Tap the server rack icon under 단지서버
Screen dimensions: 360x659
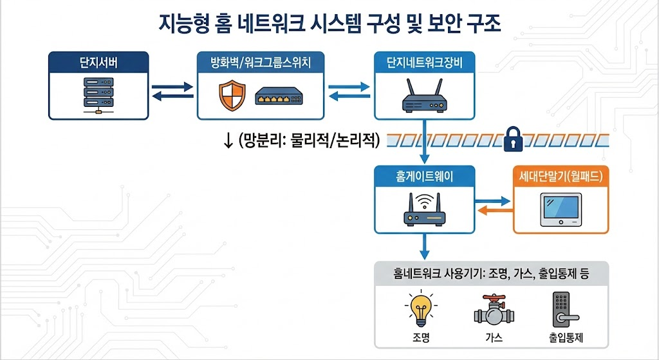98,94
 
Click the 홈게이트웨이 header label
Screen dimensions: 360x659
424,176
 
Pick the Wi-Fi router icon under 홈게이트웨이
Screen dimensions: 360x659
423,209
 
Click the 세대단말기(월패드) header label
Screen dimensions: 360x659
561,176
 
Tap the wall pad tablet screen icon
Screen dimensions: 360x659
561,209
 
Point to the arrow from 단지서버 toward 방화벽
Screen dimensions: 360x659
172,86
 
